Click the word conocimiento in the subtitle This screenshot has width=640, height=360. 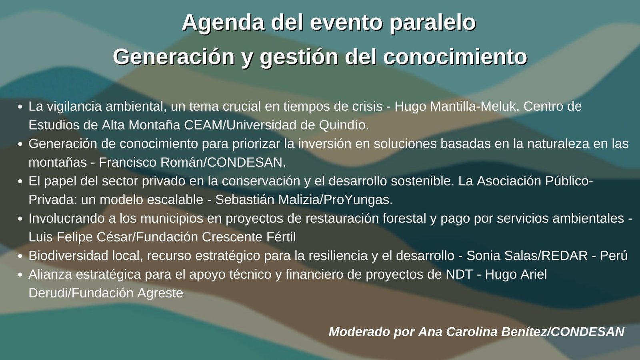click(455, 56)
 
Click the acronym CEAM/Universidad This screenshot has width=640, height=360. click(240, 125)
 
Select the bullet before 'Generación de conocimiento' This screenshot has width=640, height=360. click(20, 144)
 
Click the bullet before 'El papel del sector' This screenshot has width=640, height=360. click(20, 182)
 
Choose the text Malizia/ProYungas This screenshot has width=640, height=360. click(336, 200)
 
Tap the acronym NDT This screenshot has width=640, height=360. click(459, 274)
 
